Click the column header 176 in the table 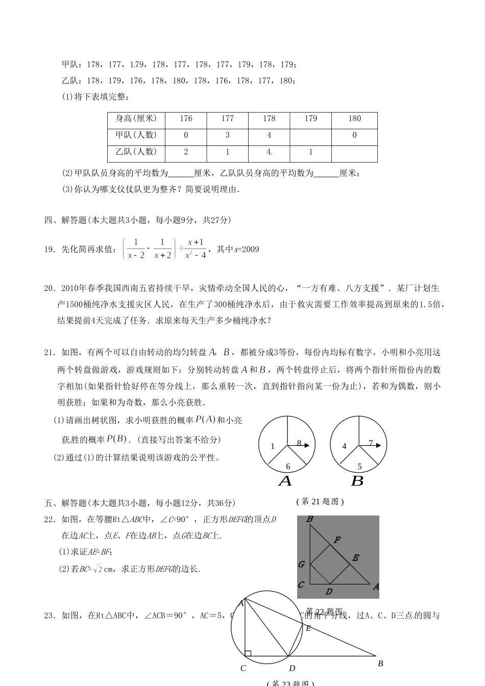(x=186, y=119)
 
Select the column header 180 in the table (x=354, y=119)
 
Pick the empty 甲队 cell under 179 (x=310, y=136)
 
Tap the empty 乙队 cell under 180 (x=354, y=153)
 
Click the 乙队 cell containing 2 (x=186, y=152)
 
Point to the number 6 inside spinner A (x=288, y=467)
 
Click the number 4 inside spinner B (x=344, y=446)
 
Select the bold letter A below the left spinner (x=285, y=481)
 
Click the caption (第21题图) (x=320, y=502)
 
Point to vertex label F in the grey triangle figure (x=337, y=540)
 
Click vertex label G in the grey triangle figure (x=301, y=565)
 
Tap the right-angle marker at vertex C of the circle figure (x=248, y=653)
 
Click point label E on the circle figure (x=308, y=628)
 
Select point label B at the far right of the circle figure (x=380, y=664)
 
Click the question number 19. (x=50, y=250)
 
